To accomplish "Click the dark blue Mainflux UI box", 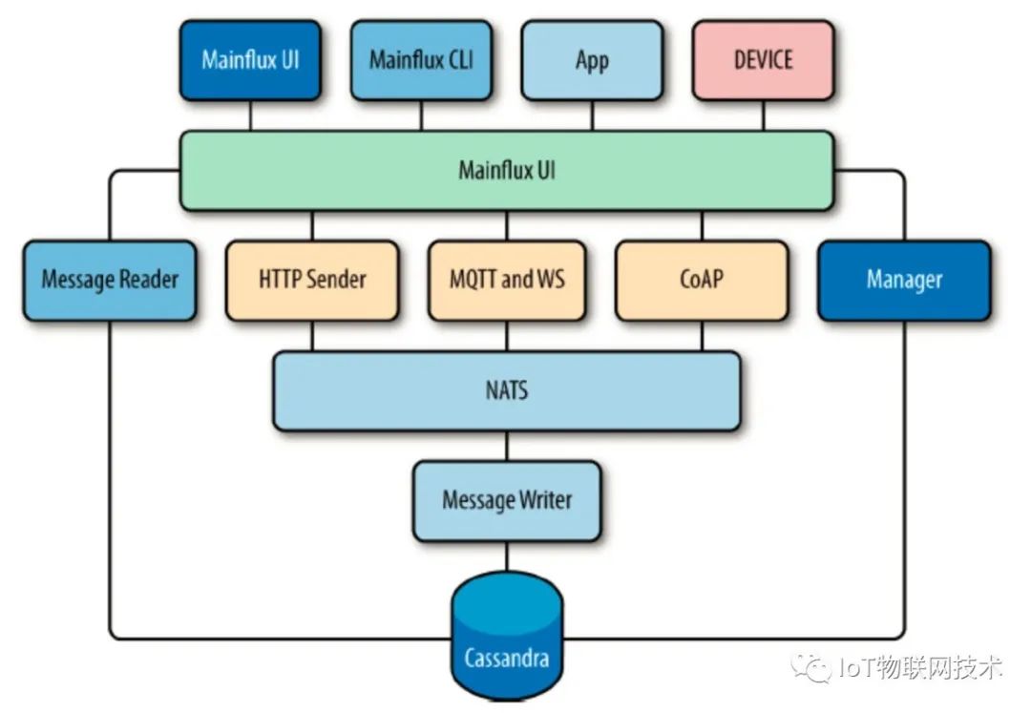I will [249, 60].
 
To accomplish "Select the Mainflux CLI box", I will [421, 60].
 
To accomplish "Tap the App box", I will [592, 60].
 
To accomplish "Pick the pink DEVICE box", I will [763, 60].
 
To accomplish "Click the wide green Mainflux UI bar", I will [507, 171].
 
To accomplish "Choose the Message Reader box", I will [110, 281].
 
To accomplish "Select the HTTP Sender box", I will [312, 281].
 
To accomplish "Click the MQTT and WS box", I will [507, 281].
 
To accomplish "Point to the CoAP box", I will [702, 281].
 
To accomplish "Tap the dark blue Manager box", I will [904, 281].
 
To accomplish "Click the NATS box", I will [507, 391].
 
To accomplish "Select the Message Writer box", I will [507, 500].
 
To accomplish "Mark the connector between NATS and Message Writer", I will [507, 446].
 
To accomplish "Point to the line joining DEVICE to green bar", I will [763, 115].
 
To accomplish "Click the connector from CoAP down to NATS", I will [702, 336].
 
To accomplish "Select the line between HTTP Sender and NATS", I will [312, 336].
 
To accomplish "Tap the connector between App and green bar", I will [592, 115].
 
